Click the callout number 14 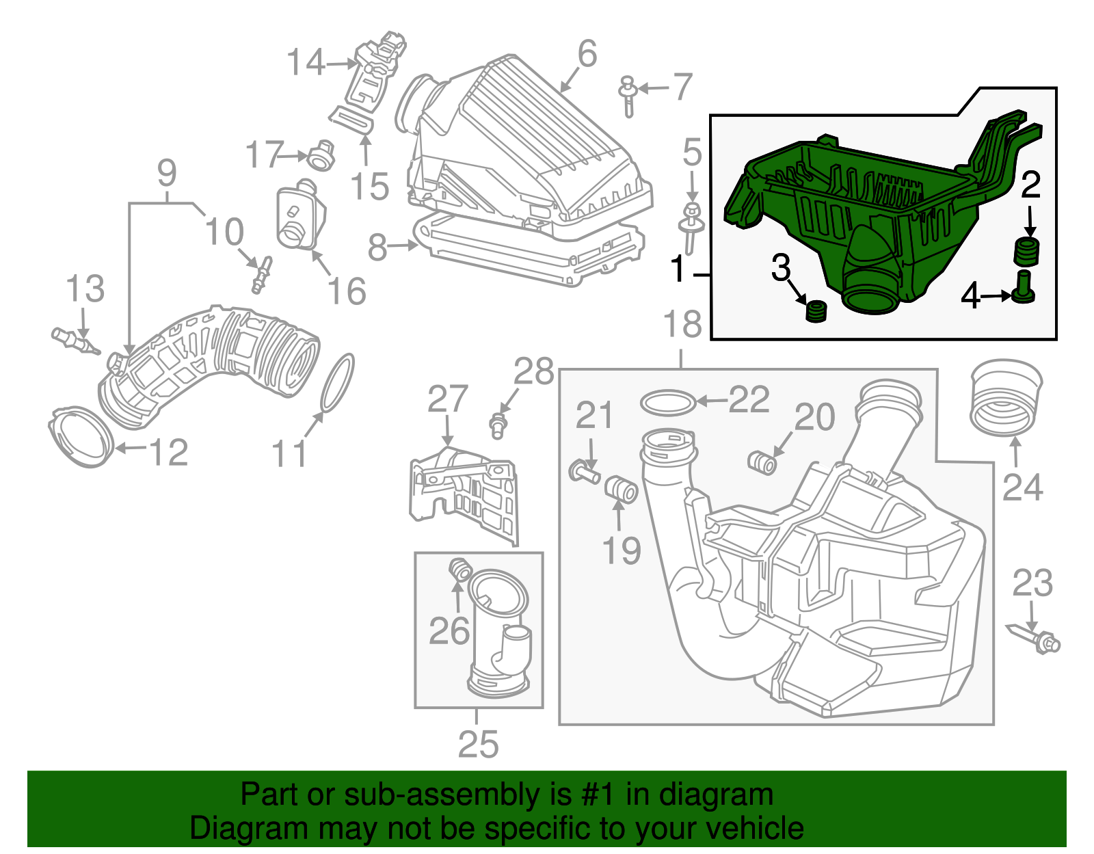coord(305,62)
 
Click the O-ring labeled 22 coord(668,402)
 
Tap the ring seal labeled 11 coord(337,383)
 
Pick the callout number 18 coord(682,324)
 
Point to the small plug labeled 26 coord(460,569)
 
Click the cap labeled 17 coord(320,157)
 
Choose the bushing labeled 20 coord(762,463)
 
